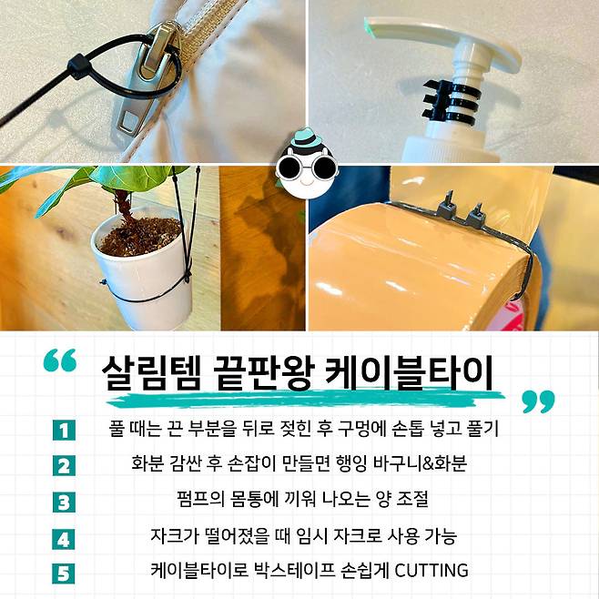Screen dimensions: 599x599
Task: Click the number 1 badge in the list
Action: click(x=64, y=431)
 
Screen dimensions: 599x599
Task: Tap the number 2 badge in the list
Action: click(x=64, y=466)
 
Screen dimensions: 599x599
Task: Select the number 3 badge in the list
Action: click(x=64, y=502)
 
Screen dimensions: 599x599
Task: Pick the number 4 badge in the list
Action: click(x=64, y=539)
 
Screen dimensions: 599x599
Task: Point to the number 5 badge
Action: click(x=64, y=573)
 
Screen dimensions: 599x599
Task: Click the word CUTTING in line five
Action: click(x=431, y=571)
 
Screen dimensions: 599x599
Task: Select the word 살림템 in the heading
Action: click(x=150, y=373)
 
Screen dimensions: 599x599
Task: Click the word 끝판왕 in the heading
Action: click(x=263, y=373)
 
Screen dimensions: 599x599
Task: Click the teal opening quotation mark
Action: click(x=60, y=360)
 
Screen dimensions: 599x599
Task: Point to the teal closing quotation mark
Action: click(x=538, y=401)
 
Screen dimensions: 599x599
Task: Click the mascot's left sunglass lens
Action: click(x=289, y=168)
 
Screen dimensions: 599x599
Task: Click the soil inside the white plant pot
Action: click(x=140, y=236)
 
